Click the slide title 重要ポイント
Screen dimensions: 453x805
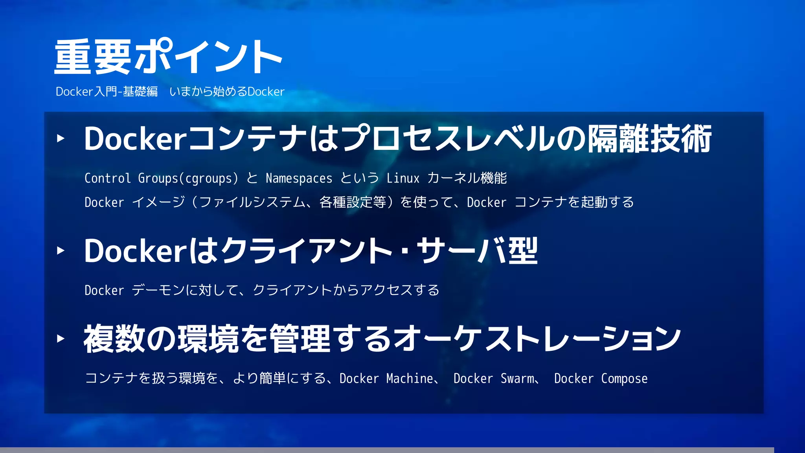coord(168,57)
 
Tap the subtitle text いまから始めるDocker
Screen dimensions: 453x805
coord(227,92)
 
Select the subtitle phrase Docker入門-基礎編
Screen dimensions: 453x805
coord(107,92)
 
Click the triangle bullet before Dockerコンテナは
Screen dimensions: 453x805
coord(61,138)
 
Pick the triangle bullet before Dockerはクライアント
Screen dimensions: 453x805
coord(61,250)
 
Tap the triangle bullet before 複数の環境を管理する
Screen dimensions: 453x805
coord(61,339)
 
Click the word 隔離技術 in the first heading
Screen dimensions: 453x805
coord(649,139)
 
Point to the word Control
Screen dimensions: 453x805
coord(107,178)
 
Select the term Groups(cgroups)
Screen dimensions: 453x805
coord(188,179)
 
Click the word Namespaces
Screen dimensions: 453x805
coord(299,179)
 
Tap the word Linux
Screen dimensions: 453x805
coord(403,178)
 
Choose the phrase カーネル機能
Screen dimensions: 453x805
coord(467,178)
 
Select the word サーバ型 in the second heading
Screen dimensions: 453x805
coord(477,251)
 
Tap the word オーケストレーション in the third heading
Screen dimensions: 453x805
coord(537,339)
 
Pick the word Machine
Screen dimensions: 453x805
coord(409,378)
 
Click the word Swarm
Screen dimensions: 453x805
coord(517,378)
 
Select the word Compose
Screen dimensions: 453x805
coord(624,379)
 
